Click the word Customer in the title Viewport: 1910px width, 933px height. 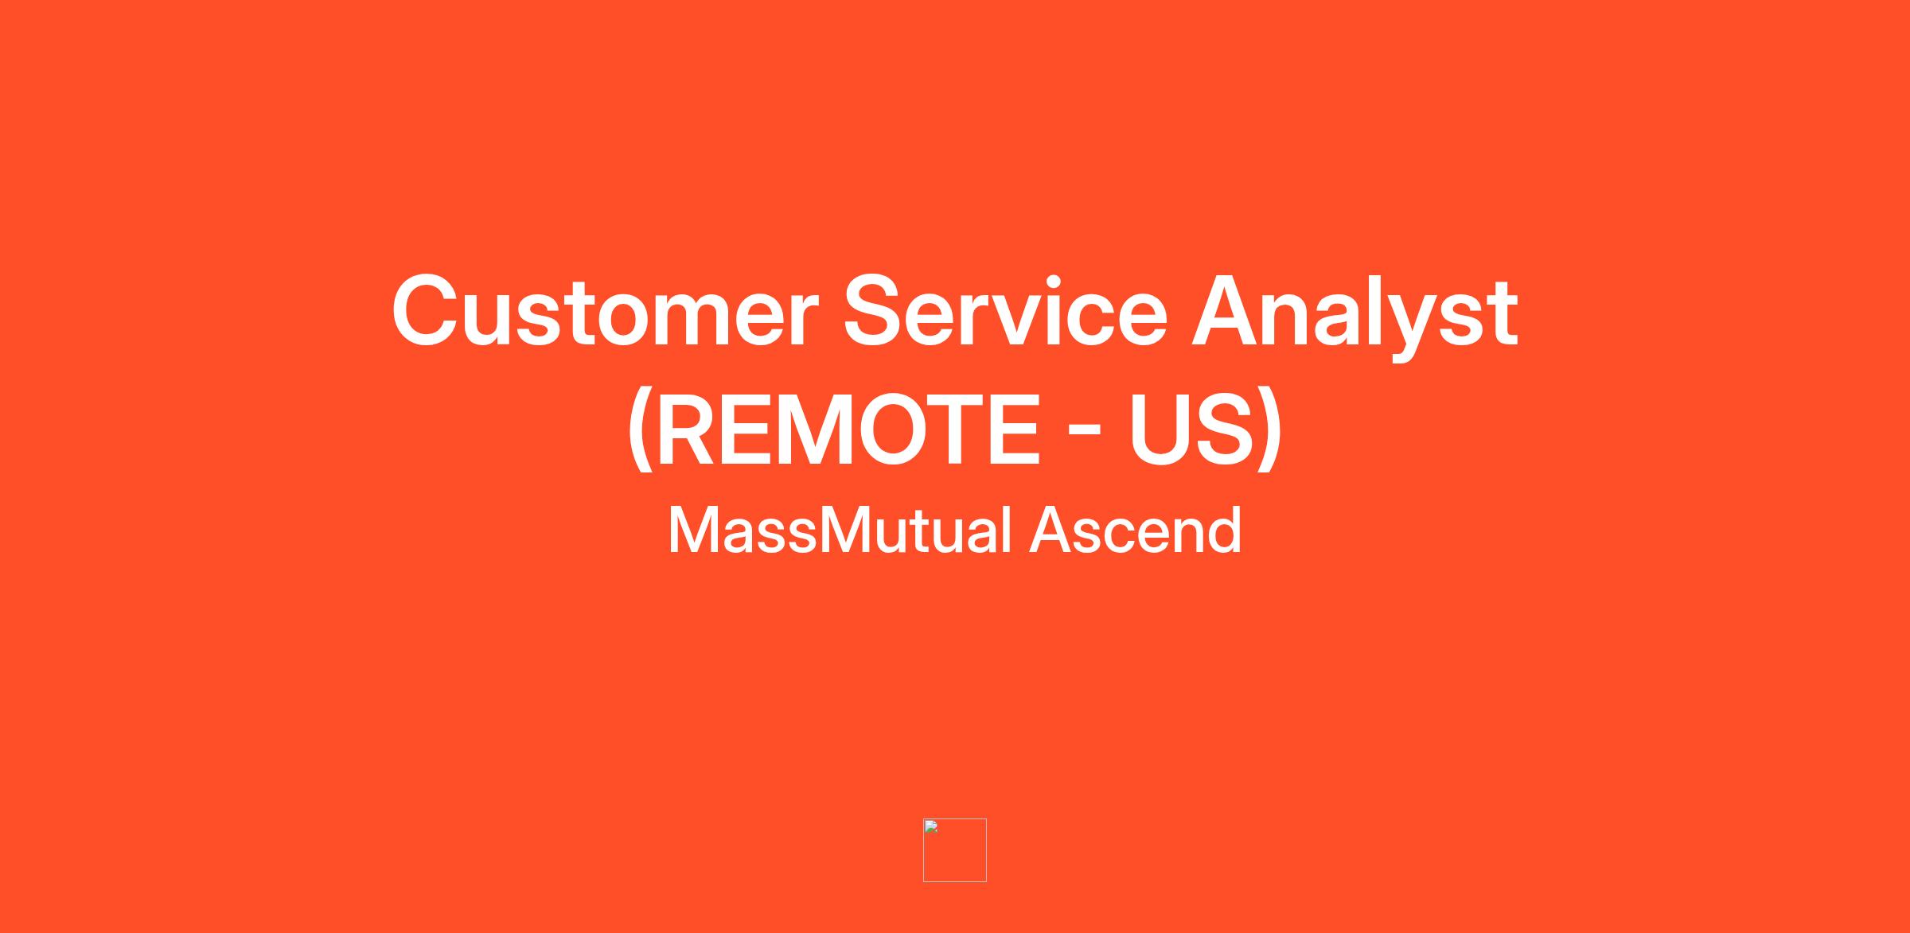pos(605,311)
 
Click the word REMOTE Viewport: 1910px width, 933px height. pos(848,430)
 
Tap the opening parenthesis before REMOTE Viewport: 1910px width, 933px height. pos(639,431)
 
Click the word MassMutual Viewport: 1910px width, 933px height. pos(840,531)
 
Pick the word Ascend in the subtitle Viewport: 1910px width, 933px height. pos(1136,531)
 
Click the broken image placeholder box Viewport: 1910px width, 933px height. pos(955,850)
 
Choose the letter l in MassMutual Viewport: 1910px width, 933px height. pos(1007,530)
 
